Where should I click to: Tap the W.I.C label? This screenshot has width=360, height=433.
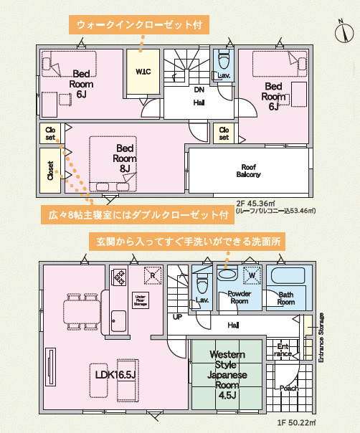142,71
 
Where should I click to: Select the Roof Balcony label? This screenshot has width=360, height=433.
249,170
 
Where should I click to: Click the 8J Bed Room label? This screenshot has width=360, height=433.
125,158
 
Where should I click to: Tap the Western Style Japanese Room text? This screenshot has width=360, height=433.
227,375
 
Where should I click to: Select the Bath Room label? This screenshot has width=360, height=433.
285,298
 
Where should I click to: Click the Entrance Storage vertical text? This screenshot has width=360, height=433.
321,337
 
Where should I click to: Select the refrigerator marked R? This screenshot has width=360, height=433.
151,275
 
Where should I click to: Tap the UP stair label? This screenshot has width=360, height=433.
176,317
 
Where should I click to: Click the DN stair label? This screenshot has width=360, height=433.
200,90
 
